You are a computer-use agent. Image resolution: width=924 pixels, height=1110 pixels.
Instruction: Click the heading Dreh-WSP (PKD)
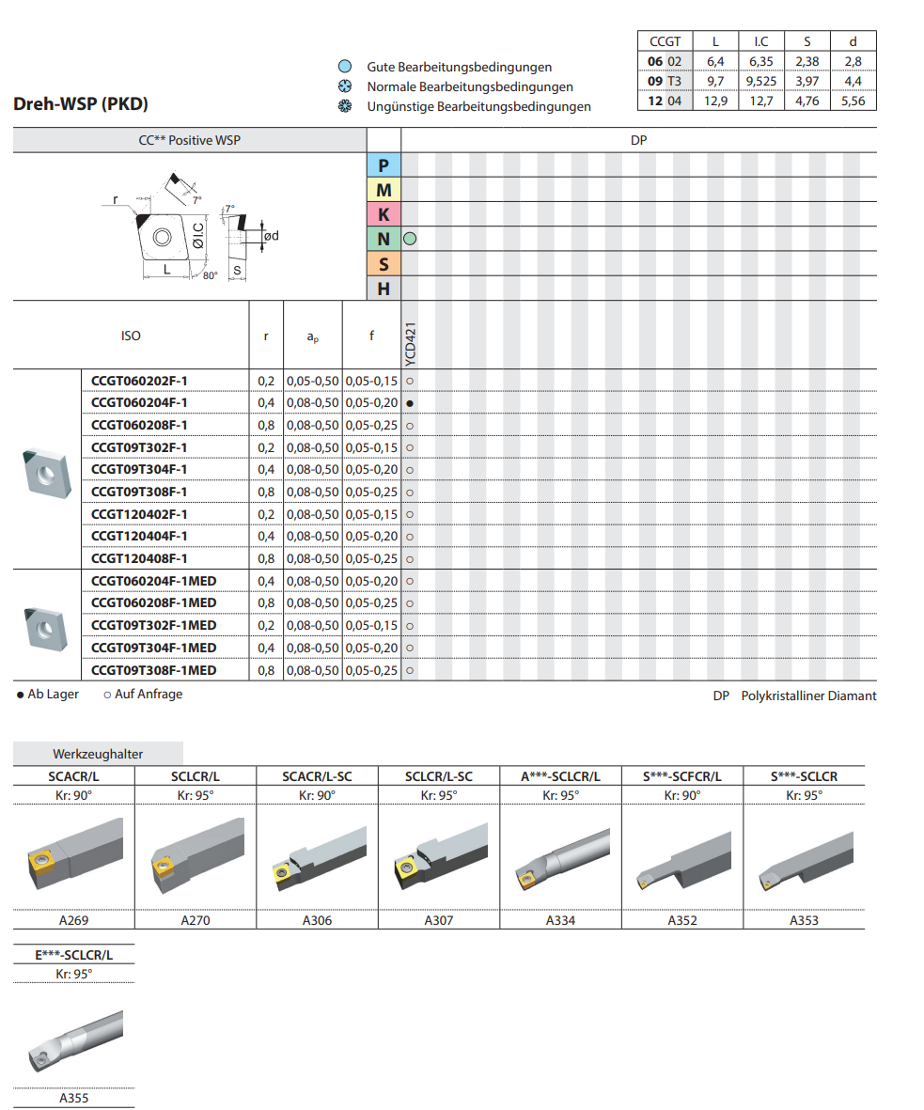[81, 104]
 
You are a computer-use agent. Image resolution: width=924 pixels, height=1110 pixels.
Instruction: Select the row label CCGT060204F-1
[139, 402]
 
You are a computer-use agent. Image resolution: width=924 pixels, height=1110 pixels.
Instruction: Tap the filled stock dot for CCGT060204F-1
[410, 403]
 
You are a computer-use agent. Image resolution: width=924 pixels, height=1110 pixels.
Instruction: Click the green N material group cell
[384, 239]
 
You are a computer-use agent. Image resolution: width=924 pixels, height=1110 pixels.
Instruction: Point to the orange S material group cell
[384, 264]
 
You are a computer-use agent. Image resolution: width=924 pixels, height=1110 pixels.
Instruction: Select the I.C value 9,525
[760, 81]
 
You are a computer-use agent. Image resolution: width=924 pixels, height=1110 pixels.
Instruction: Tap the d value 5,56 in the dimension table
[853, 101]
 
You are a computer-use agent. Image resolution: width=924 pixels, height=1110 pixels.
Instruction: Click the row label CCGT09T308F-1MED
[153, 670]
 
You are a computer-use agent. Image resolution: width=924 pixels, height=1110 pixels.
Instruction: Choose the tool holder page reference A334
[560, 920]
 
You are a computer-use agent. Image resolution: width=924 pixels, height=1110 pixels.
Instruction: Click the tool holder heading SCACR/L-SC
[318, 776]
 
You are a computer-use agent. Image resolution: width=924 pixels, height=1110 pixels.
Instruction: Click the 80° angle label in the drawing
[209, 275]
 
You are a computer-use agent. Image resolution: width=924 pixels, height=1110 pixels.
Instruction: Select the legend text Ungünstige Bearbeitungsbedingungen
[478, 106]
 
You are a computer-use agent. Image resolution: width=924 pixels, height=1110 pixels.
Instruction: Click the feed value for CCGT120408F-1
[371, 558]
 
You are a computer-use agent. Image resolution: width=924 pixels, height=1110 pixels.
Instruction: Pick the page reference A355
[74, 1097]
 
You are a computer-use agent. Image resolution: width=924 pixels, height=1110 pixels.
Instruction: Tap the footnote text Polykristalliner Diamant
[808, 696]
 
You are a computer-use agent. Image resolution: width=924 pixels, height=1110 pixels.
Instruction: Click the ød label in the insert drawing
[272, 235]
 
